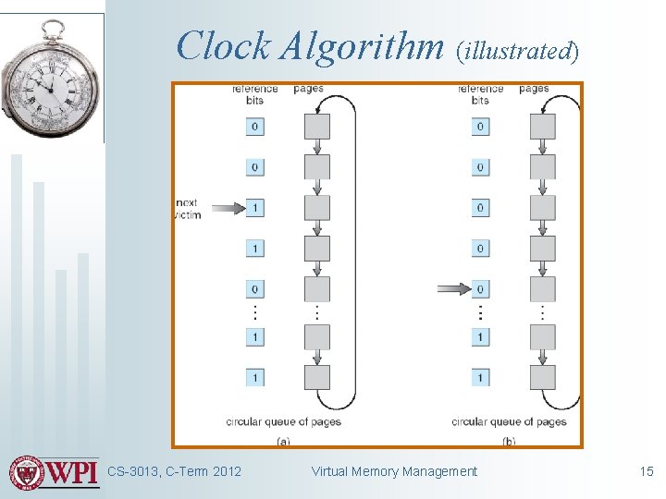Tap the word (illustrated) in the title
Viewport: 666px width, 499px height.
click(x=517, y=51)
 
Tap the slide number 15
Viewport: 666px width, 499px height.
click(x=647, y=471)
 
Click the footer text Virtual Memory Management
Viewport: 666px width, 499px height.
click(x=394, y=471)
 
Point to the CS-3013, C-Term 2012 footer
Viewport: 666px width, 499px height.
click(x=174, y=471)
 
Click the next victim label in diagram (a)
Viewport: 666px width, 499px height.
click(x=187, y=209)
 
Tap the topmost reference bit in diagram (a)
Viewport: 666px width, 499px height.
click(x=254, y=127)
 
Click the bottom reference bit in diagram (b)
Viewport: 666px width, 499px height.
click(x=480, y=377)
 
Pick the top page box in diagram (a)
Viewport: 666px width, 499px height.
click(x=317, y=127)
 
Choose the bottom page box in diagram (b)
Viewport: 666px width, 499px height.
click(x=543, y=377)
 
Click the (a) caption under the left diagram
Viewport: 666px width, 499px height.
click(x=283, y=442)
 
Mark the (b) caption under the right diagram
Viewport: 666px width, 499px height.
click(x=509, y=442)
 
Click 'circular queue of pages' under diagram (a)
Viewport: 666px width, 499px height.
click(x=283, y=421)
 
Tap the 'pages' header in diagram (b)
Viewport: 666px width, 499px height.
click(x=534, y=89)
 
